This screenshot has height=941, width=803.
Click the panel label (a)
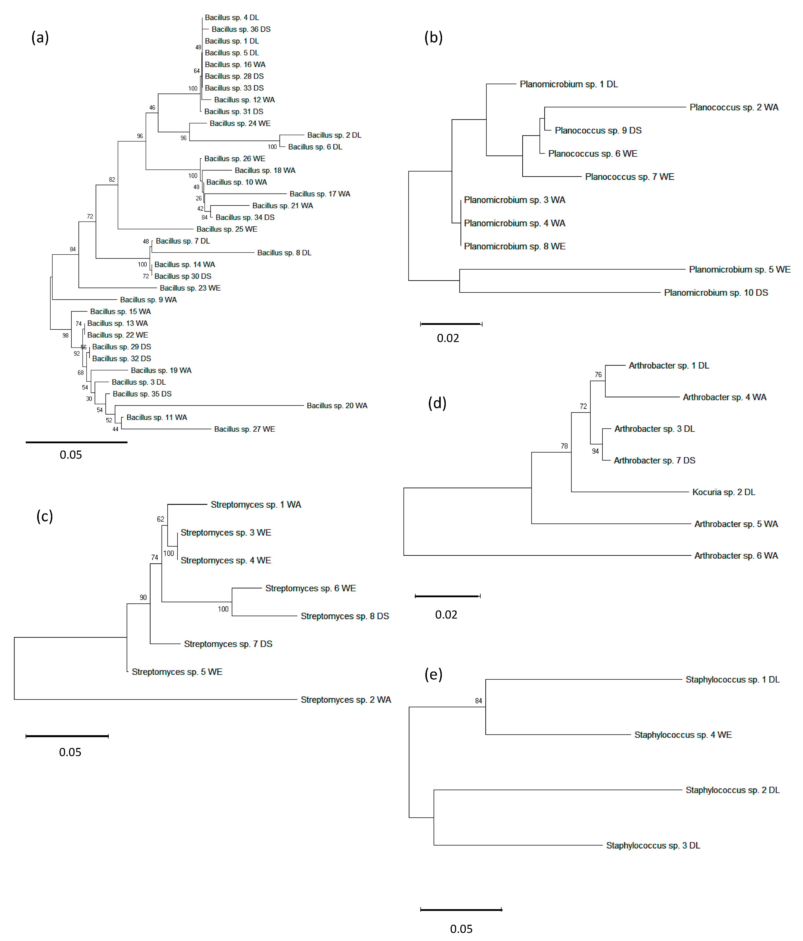(40, 37)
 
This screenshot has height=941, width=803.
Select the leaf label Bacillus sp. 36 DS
(241, 29)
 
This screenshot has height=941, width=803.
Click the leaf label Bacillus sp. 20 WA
(337, 405)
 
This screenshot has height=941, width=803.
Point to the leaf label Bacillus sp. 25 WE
(227, 229)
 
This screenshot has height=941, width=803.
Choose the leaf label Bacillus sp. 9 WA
(148, 300)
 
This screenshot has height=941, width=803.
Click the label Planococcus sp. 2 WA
(734, 107)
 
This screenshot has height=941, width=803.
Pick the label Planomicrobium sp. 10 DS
(716, 293)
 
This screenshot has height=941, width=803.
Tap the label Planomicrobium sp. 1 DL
(568, 84)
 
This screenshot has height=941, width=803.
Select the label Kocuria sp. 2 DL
(723, 492)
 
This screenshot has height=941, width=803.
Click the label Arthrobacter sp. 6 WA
(736, 556)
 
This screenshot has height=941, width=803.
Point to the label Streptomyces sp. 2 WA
(345, 699)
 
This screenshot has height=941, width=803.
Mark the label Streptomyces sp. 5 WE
(177, 672)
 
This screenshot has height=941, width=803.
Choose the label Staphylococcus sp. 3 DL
(653, 845)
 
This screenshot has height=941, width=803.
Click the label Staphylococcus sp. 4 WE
(683, 734)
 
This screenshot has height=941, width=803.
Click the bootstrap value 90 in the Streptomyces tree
(143, 597)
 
